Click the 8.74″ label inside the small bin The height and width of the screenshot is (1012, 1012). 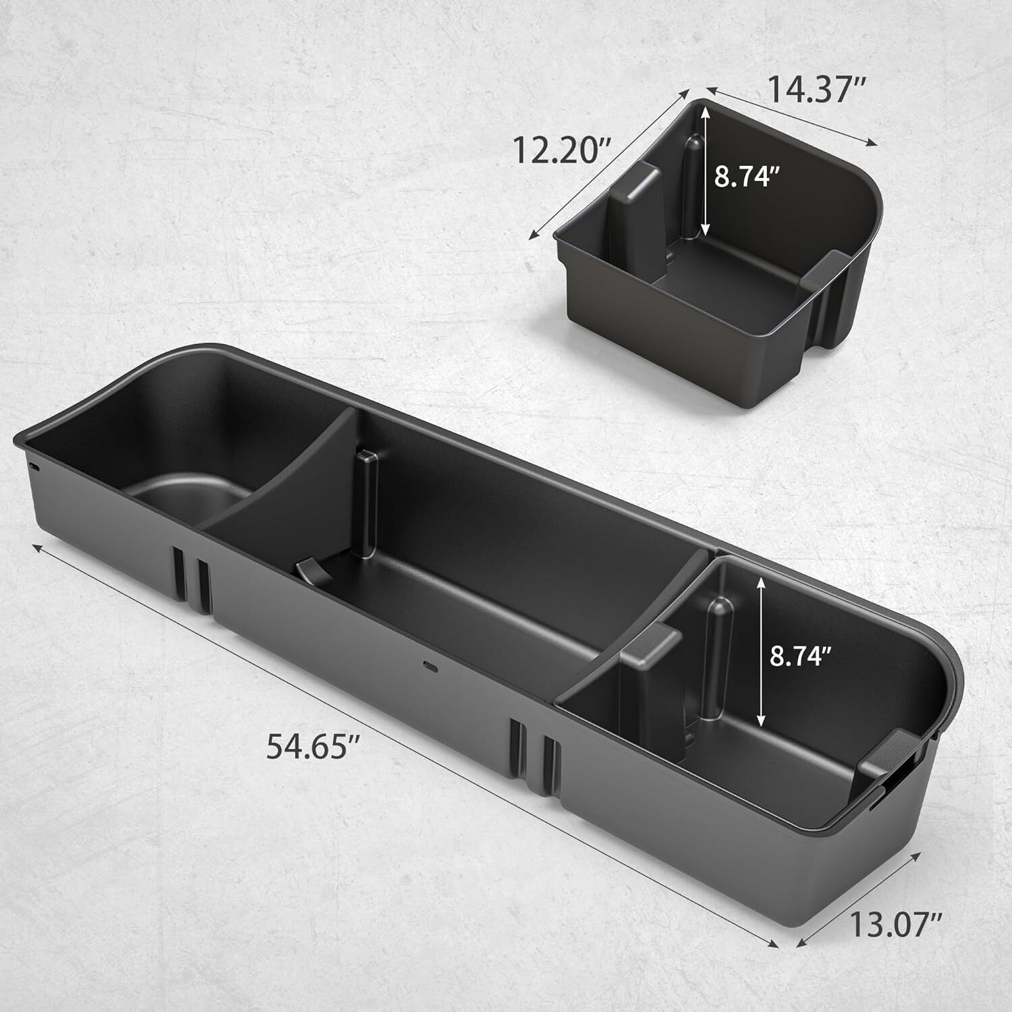coord(747,178)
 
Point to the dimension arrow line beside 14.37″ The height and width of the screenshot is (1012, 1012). coord(792,116)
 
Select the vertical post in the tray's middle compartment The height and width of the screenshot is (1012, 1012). coord(367,503)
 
